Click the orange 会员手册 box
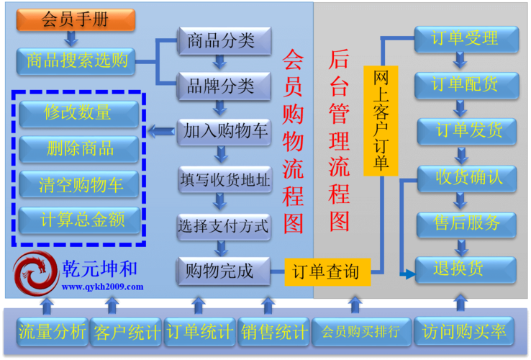(x=76, y=19)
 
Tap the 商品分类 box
(x=224, y=40)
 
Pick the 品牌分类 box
(x=224, y=86)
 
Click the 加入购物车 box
(x=224, y=132)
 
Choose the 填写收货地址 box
(x=224, y=179)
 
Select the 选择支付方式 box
(x=224, y=227)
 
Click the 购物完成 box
(x=224, y=271)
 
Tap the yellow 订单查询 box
(x=327, y=272)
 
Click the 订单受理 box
(x=466, y=38)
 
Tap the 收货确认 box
(x=466, y=177)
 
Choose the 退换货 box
(x=466, y=269)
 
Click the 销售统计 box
(x=273, y=332)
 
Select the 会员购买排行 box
(x=361, y=332)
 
